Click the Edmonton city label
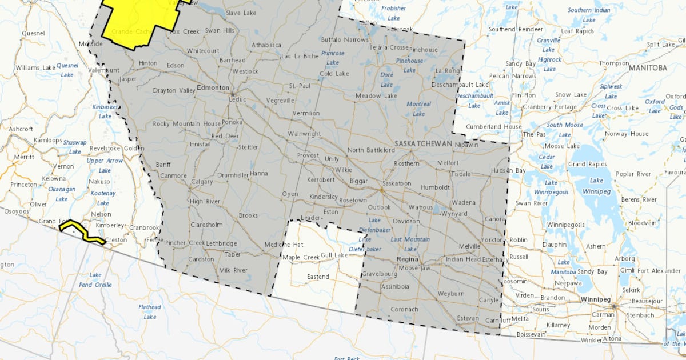213,88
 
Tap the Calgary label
201,182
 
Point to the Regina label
408,259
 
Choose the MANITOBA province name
648,67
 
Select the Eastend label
318,277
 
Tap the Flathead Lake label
150,311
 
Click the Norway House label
627,134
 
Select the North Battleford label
371,150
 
